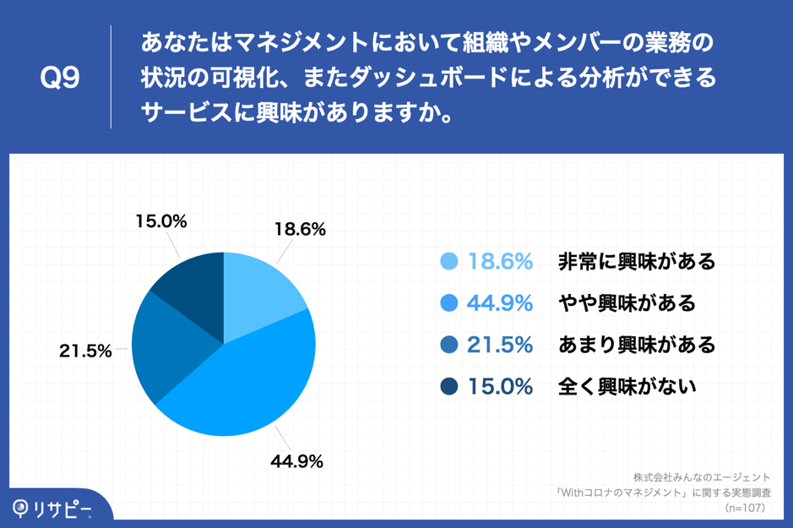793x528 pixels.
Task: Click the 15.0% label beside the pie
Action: click(160, 221)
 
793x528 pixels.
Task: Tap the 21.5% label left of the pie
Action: click(85, 351)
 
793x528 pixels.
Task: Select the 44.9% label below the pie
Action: click(296, 461)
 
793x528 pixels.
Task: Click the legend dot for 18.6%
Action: click(449, 262)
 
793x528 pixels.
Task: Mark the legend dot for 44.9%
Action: click(449, 303)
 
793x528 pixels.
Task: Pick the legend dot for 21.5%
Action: click(449, 345)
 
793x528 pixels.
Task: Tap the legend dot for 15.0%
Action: click(449, 387)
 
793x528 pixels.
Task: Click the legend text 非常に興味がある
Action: click(636, 262)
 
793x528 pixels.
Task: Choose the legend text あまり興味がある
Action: click(636, 345)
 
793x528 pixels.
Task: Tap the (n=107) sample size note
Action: click(745, 508)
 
